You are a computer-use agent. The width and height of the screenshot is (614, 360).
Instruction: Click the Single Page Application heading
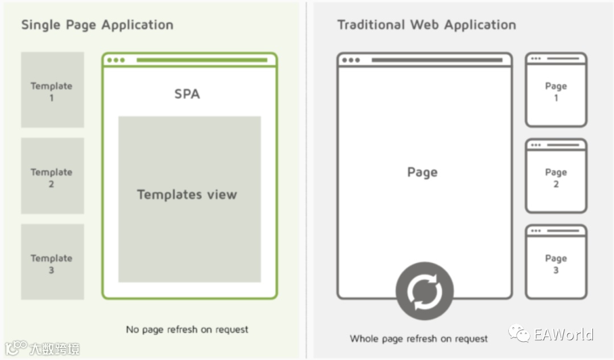(97, 25)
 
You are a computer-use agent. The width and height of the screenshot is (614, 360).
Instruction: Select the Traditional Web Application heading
(426, 25)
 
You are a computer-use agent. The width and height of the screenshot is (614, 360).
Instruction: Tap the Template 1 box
(52, 90)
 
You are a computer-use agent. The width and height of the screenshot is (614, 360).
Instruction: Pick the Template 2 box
(52, 176)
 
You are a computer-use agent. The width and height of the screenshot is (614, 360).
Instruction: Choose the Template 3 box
(52, 262)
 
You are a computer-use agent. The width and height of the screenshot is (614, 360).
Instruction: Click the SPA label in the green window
(187, 94)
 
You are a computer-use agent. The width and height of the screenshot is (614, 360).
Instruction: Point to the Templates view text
(187, 195)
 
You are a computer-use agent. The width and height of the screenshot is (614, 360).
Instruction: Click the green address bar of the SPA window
(201, 60)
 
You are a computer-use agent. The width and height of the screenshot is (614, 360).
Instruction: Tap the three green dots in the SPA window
(115, 60)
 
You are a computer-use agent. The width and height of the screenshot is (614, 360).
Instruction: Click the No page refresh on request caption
(187, 329)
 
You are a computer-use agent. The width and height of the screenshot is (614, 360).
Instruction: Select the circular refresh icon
(424, 291)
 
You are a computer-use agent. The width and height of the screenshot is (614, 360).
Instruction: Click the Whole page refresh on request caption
(419, 339)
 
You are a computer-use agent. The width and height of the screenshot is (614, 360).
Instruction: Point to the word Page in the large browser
(422, 172)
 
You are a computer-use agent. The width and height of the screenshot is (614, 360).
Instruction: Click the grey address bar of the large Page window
(437, 60)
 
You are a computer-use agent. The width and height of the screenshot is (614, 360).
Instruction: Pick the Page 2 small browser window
(555, 176)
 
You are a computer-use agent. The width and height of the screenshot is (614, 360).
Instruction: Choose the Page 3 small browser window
(555, 262)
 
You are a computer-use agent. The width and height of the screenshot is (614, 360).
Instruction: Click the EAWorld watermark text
(563, 334)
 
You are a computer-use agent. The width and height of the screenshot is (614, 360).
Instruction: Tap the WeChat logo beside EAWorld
(519, 333)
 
